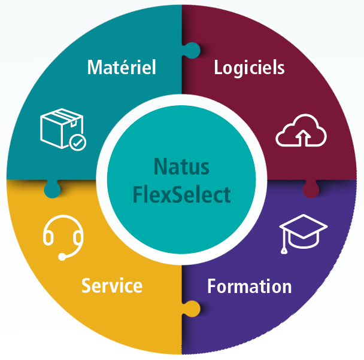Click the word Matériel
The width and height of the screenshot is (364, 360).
pos(122,66)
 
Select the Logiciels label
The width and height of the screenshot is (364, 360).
pos(249,66)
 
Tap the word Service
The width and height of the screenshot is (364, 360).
pos(112,285)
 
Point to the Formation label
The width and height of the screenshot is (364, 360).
pos(249,286)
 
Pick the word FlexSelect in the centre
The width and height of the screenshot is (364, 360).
pos(181,194)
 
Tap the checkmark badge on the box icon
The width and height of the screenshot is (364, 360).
pos(77,142)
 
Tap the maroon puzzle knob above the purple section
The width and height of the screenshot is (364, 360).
pos(311,190)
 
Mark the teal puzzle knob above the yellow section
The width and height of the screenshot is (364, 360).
pos(52,189)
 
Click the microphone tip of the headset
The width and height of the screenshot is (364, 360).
pos(62,258)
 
